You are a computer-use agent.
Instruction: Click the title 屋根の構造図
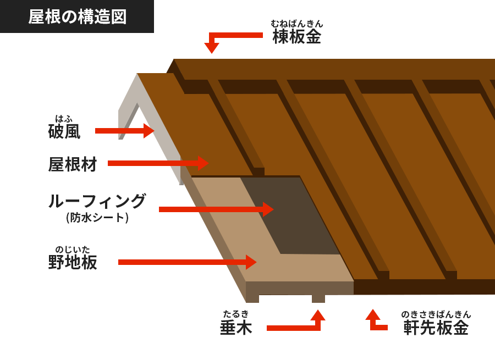click(77, 16)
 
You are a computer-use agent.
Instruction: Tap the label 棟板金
click(297, 36)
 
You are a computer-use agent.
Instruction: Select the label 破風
click(64, 131)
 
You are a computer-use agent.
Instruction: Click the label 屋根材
click(73, 164)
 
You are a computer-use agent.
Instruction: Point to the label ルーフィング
click(97, 201)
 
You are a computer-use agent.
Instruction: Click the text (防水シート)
click(97, 218)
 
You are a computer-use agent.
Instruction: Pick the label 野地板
click(73, 262)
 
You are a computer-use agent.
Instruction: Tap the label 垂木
click(236, 328)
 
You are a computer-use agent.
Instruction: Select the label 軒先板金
click(436, 328)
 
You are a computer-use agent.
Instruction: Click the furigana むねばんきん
click(297, 24)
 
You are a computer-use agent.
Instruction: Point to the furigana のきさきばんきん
click(436, 314)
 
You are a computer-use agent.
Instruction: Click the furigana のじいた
click(73, 249)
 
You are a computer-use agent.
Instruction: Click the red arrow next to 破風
click(124, 131)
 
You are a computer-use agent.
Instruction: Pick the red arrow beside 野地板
click(187, 262)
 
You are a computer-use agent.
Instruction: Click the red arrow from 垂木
click(297, 327)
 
